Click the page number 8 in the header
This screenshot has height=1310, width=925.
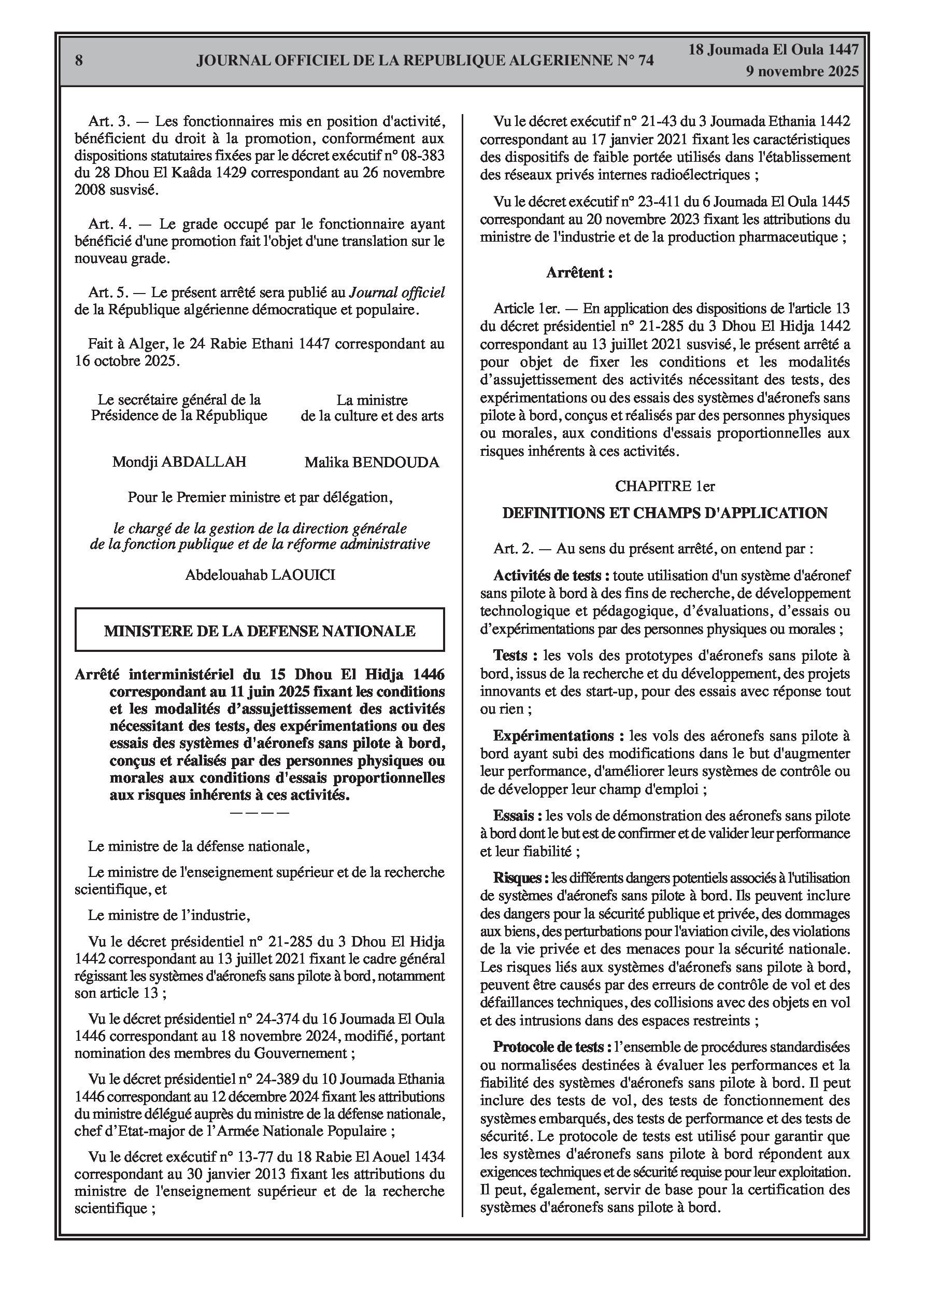(x=79, y=61)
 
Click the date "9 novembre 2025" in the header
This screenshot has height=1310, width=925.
(x=802, y=72)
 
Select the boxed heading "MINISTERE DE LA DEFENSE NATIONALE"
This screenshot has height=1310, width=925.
(x=260, y=631)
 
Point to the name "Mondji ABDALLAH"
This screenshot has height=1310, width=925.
(x=179, y=462)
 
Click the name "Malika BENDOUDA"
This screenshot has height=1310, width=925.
(x=372, y=462)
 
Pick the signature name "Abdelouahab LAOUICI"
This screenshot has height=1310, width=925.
(x=260, y=575)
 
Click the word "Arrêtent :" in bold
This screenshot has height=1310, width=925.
(x=579, y=273)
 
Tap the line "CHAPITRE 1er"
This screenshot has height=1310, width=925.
(x=664, y=486)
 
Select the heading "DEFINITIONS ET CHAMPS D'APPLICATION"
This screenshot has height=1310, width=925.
(x=664, y=513)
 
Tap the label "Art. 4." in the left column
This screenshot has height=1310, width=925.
(x=109, y=224)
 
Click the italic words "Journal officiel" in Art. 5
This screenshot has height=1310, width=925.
(x=397, y=292)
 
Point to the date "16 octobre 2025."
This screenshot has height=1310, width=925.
(x=126, y=361)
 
